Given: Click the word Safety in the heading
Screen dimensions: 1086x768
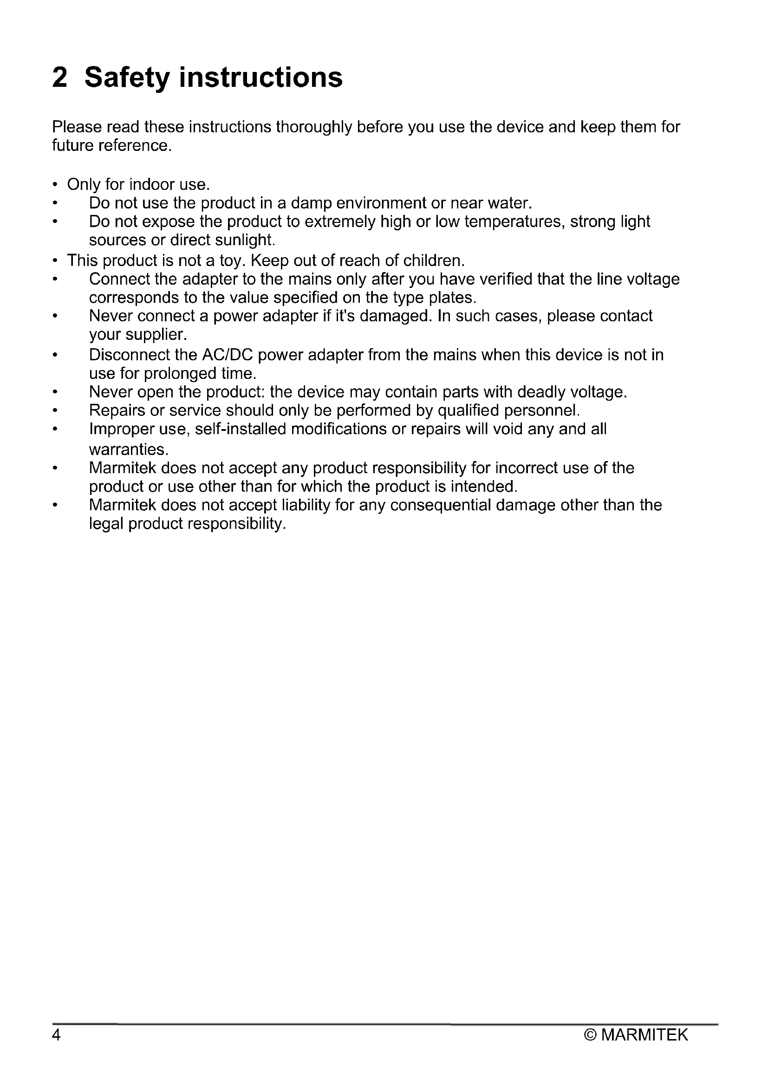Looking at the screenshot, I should coord(126,78).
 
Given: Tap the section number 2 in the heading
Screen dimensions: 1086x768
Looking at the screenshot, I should coord(60,78).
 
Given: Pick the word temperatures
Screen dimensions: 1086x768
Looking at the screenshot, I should coord(514,221).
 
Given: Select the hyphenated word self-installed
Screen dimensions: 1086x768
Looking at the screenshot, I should coord(240,429).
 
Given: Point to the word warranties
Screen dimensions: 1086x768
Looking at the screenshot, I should coord(129,449).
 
